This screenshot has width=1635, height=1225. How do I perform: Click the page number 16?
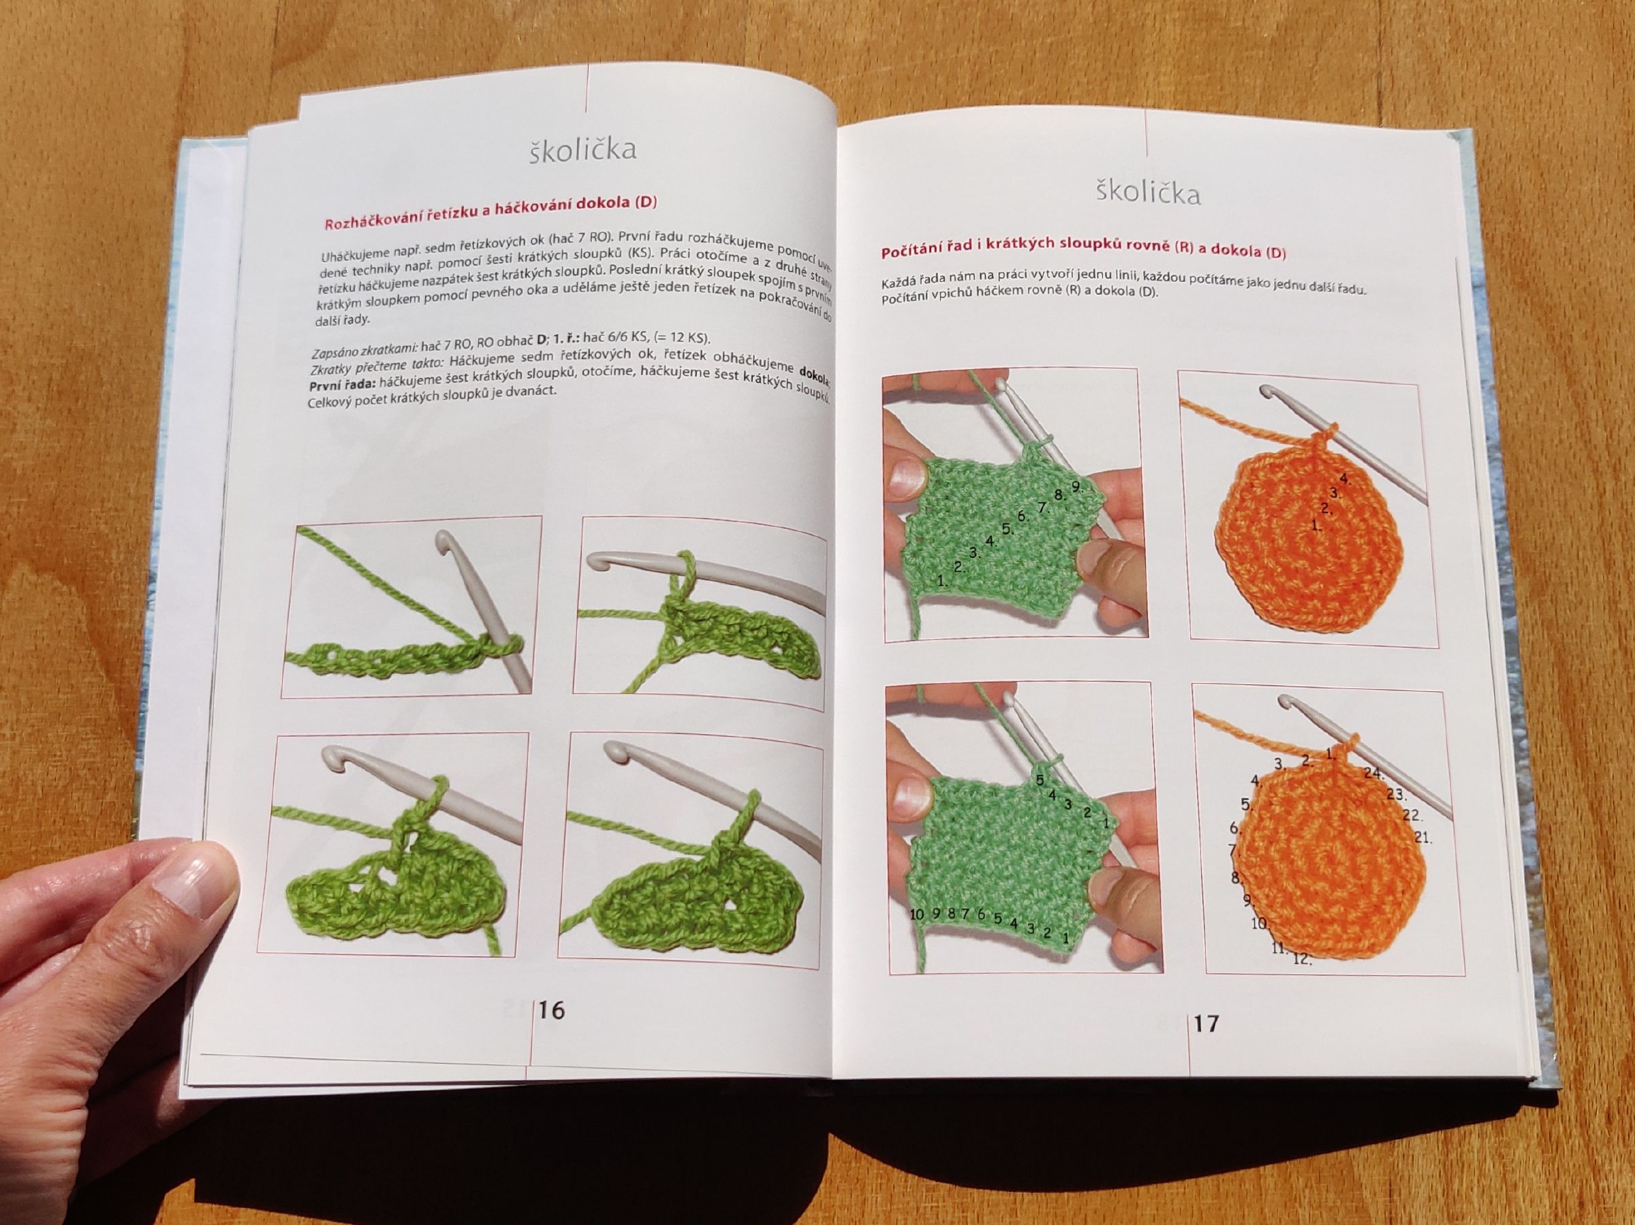coord(552,1009)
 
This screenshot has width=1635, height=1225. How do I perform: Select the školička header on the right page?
coord(1148,192)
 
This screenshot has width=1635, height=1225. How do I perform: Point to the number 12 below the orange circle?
coord(1303,959)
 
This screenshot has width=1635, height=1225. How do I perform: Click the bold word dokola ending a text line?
coord(814,372)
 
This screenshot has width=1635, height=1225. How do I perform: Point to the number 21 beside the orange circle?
coord(1424,838)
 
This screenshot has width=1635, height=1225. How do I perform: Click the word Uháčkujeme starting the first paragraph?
coord(351,257)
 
